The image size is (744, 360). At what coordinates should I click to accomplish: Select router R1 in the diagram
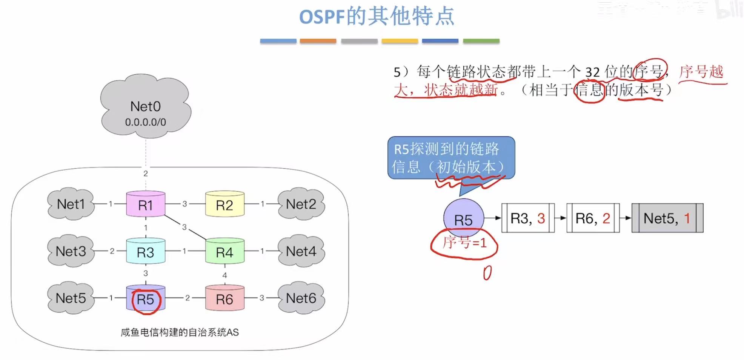146,205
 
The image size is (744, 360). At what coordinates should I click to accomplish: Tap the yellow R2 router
224,205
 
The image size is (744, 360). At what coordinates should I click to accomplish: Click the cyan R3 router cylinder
146,251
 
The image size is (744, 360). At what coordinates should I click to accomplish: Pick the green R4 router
224,251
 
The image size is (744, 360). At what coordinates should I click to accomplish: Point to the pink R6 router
224,298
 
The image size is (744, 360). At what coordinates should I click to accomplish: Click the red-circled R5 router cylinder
146,298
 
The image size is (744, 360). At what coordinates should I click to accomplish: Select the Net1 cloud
71,204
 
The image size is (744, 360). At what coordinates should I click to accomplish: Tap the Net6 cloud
301,298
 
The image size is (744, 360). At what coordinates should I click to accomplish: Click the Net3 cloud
71,251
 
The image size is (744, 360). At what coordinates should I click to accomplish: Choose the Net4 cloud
301,251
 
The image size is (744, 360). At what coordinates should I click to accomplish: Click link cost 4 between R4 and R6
224,275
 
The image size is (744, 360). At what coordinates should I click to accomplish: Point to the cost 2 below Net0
146,174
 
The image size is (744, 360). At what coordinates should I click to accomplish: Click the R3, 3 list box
528,218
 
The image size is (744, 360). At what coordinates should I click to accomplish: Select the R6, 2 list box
593,218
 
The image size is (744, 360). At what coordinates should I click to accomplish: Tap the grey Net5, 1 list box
667,218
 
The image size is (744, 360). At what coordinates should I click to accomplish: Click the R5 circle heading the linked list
463,218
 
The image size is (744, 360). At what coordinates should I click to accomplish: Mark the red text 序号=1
464,242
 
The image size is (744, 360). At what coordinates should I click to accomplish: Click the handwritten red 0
487,273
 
